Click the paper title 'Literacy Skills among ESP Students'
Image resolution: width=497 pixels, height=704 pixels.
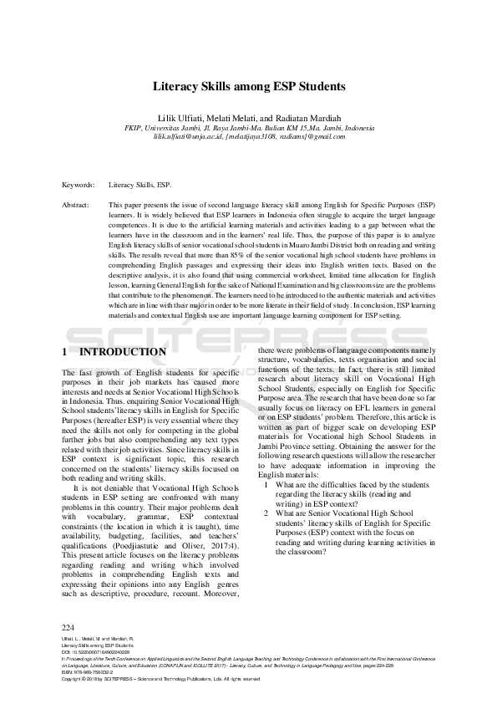(x=248, y=86)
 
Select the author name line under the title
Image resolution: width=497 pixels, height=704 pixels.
(x=248, y=118)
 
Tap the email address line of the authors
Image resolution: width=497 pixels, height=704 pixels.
(x=248, y=136)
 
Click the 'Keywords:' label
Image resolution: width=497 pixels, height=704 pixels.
(x=79, y=185)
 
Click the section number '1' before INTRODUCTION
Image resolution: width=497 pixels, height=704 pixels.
(x=65, y=353)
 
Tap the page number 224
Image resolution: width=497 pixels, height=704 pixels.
(x=68, y=627)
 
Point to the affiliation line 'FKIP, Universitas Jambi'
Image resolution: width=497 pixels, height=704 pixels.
(x=248, y=128)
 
